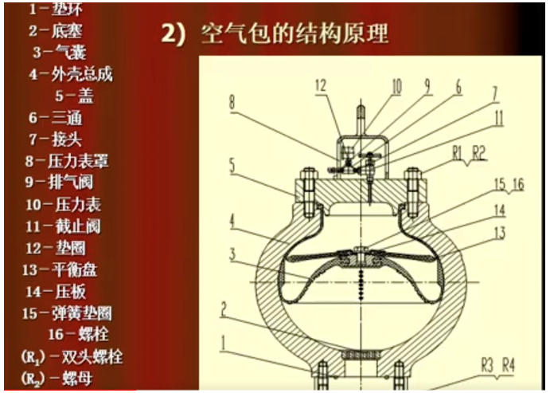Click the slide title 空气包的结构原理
[287, 35]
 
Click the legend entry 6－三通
[55, 118]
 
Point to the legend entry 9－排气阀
[60, 182]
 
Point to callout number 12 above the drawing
[321, 85]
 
